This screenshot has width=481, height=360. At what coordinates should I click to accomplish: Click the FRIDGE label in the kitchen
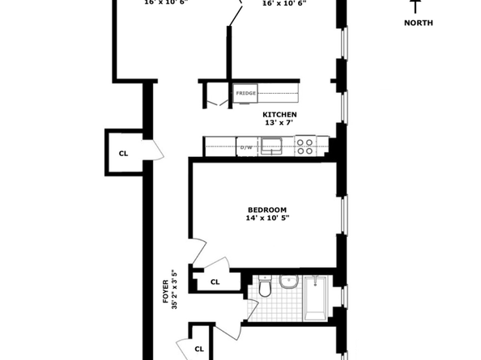point(246,94)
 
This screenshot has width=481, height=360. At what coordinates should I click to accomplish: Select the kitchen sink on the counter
point(274,147)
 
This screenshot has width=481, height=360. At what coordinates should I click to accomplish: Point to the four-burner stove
point(304,146)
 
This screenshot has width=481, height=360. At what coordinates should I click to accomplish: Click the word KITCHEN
point(279,115)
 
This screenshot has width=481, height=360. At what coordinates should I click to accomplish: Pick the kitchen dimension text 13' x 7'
point(279,124)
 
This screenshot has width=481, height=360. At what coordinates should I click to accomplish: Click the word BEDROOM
point(266,210)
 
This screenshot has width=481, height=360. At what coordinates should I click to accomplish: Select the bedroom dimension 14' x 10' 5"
point(266,218)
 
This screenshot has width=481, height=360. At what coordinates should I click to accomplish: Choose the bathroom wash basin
point(287,283)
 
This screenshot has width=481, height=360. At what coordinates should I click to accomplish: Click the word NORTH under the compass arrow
point(418,23)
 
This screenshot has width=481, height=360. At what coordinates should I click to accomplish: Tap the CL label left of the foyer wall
point(124,152)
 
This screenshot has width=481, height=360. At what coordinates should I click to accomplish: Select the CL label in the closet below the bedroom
point(215,282)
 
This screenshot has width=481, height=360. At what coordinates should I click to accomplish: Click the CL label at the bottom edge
point(199,349)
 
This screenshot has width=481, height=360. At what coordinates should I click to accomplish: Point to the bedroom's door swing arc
point(200,252)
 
